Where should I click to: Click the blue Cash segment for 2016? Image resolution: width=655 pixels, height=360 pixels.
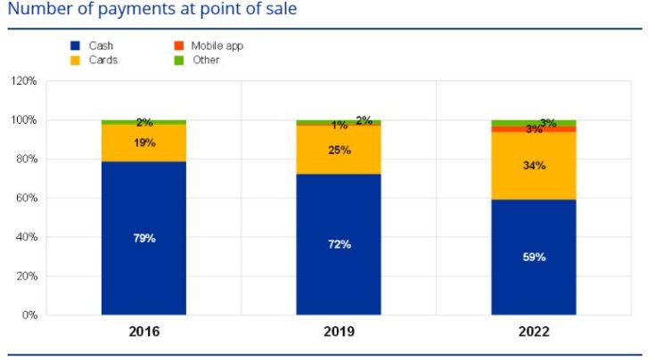click(x=143, y=267)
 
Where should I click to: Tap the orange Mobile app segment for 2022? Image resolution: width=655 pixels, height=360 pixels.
click(x=533, y=129)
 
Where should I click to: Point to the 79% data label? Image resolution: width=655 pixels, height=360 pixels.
click(x=143, y=237)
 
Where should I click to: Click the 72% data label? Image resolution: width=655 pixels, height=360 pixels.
click(x=339, y=244)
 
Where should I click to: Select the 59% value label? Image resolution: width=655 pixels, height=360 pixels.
click(x=534, y=257)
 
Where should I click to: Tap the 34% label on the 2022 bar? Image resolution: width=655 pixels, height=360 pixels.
click(x=534, y=166)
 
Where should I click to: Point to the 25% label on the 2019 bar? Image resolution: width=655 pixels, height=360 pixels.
click(x=339, y=150)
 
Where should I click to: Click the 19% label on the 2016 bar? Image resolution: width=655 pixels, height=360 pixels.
click(x=144, y=143)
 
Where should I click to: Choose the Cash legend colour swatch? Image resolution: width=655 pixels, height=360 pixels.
click(x=75, y=45)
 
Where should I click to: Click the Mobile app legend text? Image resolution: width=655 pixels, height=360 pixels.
click(x=217, y=45)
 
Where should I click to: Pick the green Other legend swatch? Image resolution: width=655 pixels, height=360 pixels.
click(x=178, y=61)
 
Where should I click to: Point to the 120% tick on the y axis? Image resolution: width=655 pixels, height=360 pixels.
click(x=23, y=81)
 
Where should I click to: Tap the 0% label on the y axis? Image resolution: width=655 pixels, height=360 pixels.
click(x=29, y=315)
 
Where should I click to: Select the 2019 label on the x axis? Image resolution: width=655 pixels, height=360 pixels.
click(x=339, y=331)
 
